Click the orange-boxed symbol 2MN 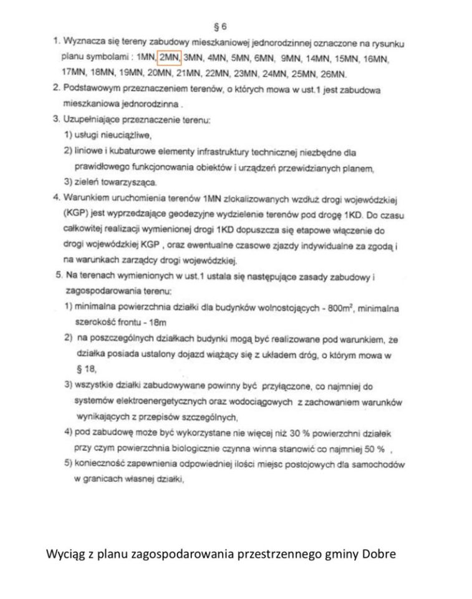coord(168,58)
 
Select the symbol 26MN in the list coord(333,73)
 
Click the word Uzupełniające coord(92,119)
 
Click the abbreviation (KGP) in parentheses coord(74,213)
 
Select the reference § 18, coord(84,369)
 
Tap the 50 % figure coord(376,447)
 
